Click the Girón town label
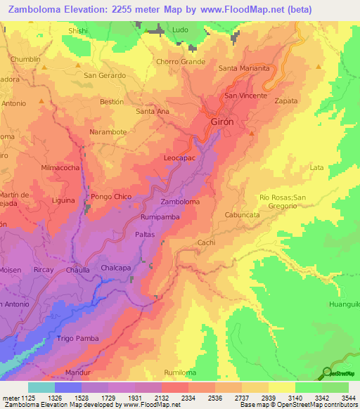[x=222, y=122]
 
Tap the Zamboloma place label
[x=180, y=202]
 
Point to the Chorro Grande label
[x=181, y=62]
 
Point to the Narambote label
[x=108, y=131]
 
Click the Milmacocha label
[x=60, y=168]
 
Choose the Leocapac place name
[x=180, y=159]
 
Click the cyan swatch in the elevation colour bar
[x=41, y=387]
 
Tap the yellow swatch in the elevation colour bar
[x=281, y=387]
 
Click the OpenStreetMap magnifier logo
[x=328, y=372]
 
